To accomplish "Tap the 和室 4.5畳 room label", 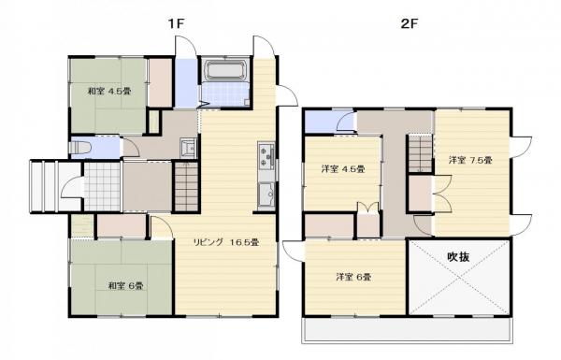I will click(x=108, y=91).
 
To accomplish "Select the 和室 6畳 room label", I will click(x=124, y=285).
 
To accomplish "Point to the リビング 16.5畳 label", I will click(x=225, y=242).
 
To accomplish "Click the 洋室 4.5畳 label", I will click(x=342, y=169).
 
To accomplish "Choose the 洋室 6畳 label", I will click(x=354, y=277).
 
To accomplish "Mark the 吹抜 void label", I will click(x=458, y=256).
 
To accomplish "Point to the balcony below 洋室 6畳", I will click(x=408, y=331).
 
